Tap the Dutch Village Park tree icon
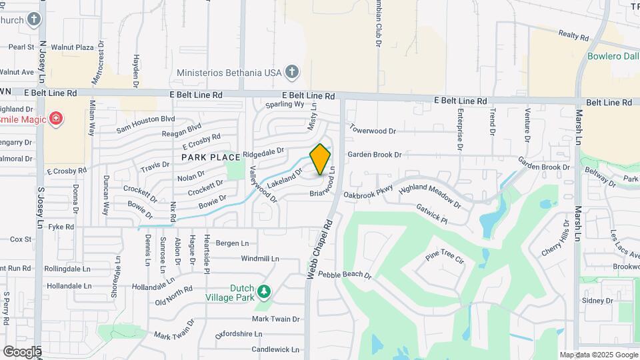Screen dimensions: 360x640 tap(265, 291)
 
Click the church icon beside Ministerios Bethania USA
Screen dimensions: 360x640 tap(291, 71)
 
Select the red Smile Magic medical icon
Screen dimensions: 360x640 tap(58, 119)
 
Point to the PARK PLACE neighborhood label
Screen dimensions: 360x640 tap(211, 157)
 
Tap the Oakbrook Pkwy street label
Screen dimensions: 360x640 tap(369, 195)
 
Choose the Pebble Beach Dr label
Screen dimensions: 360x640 tap(344, 275)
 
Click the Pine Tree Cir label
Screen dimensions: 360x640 tap(444, 257)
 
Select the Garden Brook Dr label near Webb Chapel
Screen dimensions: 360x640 tap(374, 155)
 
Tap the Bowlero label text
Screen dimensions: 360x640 tap(613, 56)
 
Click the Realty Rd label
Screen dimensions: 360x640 tap(575, 35)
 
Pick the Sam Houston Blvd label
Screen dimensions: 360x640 tap(145, 123)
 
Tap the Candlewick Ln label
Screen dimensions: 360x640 tap(275, 349)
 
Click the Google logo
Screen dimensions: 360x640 tap(22, 351)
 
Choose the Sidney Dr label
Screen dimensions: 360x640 tap(597, 301)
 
